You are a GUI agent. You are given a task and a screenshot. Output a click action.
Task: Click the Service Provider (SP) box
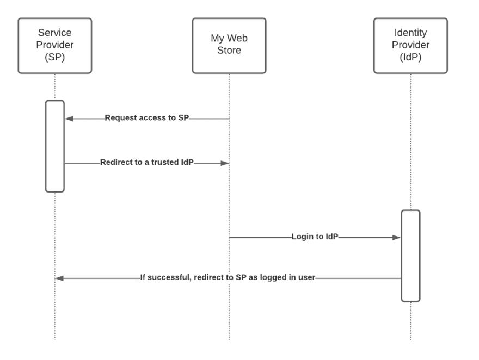click(54, 46)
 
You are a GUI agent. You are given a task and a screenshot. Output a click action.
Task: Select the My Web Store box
click(229, 46)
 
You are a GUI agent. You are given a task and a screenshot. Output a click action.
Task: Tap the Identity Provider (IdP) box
click(410, 46)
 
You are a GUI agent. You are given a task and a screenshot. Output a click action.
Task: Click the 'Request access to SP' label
click(146, 118)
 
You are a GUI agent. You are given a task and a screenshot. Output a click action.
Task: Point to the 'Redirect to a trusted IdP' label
click(146, 163)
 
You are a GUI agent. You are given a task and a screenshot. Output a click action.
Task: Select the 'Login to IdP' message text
click(315, 238)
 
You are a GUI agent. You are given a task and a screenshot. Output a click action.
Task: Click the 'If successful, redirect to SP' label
click(228, 278)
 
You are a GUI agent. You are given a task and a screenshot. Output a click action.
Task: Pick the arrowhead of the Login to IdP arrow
click(397, 238)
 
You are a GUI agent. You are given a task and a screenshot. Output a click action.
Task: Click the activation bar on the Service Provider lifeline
click(54, 146)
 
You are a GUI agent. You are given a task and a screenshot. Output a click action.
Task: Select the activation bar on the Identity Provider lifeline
click(410, 255)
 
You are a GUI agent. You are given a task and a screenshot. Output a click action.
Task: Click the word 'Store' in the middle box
click(229, 51)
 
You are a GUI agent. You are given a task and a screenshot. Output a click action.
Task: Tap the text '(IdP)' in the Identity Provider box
click(410, 56)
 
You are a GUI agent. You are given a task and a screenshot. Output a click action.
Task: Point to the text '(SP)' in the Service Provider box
click(54, 56)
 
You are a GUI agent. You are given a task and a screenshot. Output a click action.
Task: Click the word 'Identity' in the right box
click(410, 35)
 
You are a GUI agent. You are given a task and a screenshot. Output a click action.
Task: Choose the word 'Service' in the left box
click(54, 35)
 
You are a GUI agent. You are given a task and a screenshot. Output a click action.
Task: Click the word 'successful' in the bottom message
click(167, 278)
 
